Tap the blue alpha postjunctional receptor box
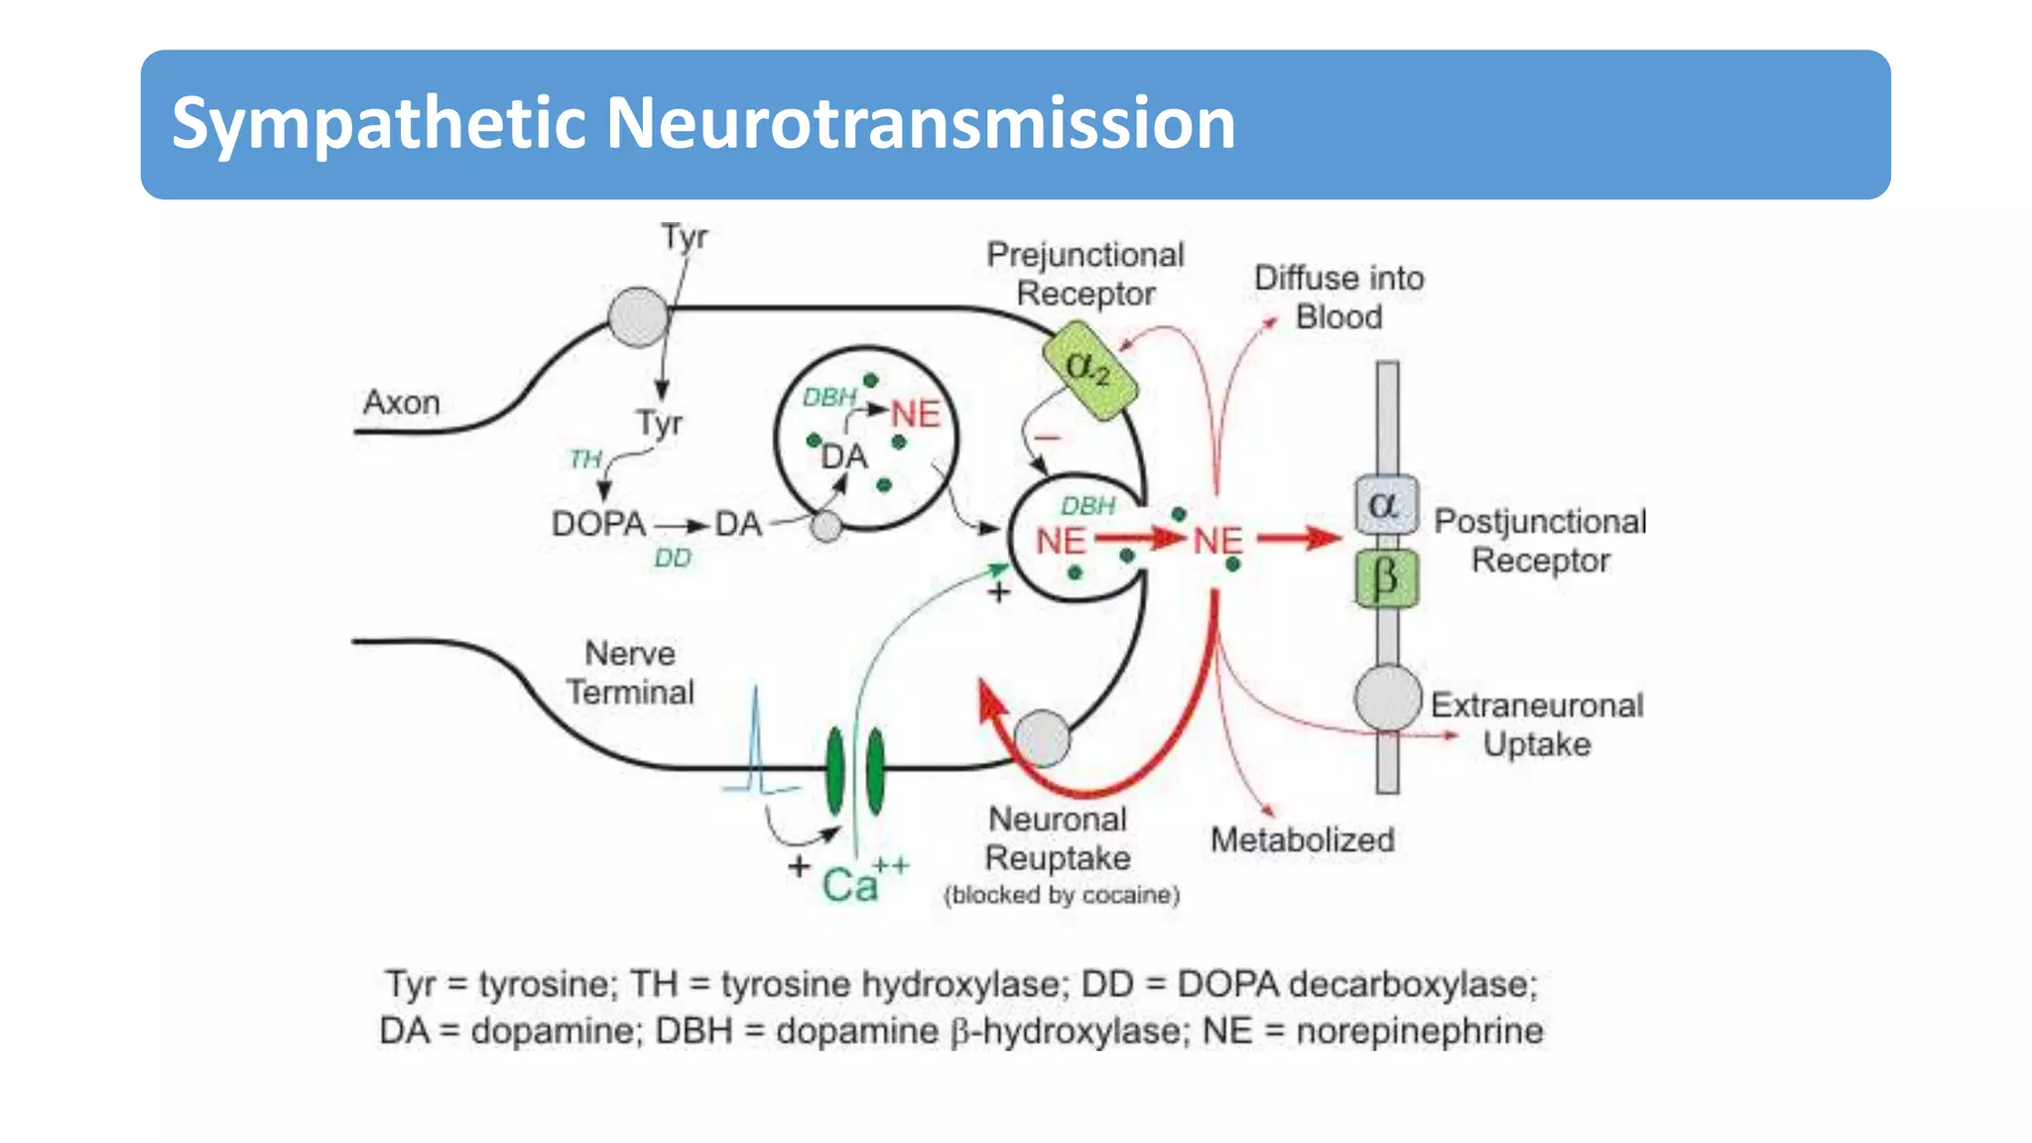1385,505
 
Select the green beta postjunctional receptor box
1386,578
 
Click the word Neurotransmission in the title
920,124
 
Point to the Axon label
401,403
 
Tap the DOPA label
598,524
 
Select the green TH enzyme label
585,459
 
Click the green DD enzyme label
672,559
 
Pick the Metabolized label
1302,840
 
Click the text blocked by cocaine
1062,895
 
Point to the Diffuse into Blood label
1338,298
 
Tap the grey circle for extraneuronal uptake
1387,698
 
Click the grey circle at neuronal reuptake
1042,739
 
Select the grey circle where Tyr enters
638,317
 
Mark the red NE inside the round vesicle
915,415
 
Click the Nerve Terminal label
629,673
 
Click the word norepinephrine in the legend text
1419,1032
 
